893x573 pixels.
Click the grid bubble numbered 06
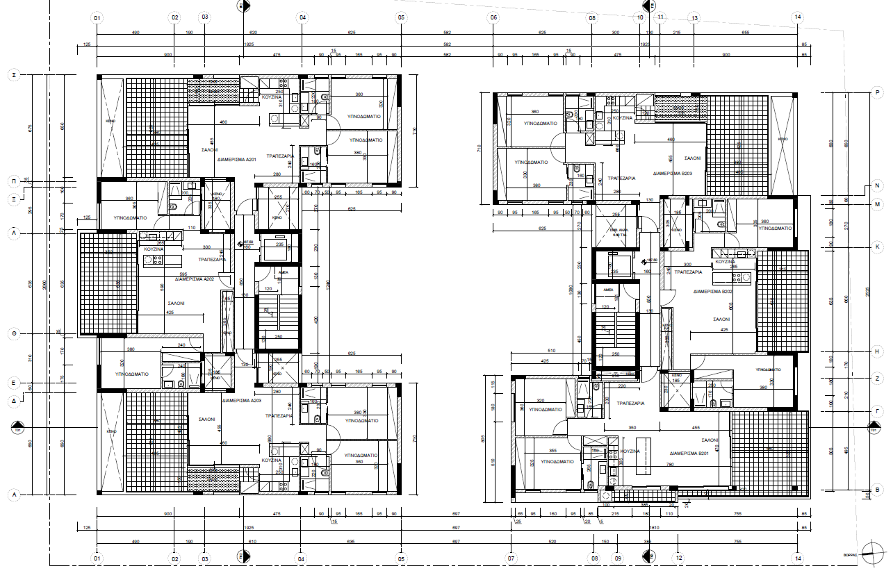pyautogui.click(x=493, y=17)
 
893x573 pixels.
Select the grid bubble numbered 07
pyautogui.click(x=511, y=558)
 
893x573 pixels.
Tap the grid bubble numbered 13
pyautogui.click(x=693, y=17)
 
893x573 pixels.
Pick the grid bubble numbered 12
pyautogui.click(x=678, y=558)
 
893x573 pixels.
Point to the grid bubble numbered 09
pyautogui.click(x=618, y=558)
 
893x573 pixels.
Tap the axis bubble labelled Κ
pyautogui.click(x=878, y=247)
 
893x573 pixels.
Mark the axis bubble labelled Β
pyautogui.click(x=878, y=490)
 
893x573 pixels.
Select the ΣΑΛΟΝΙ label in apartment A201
pyautogui.click(x=210, y=149)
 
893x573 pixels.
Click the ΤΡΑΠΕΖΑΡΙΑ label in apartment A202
pyautogui.click(x=212, y=258)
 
